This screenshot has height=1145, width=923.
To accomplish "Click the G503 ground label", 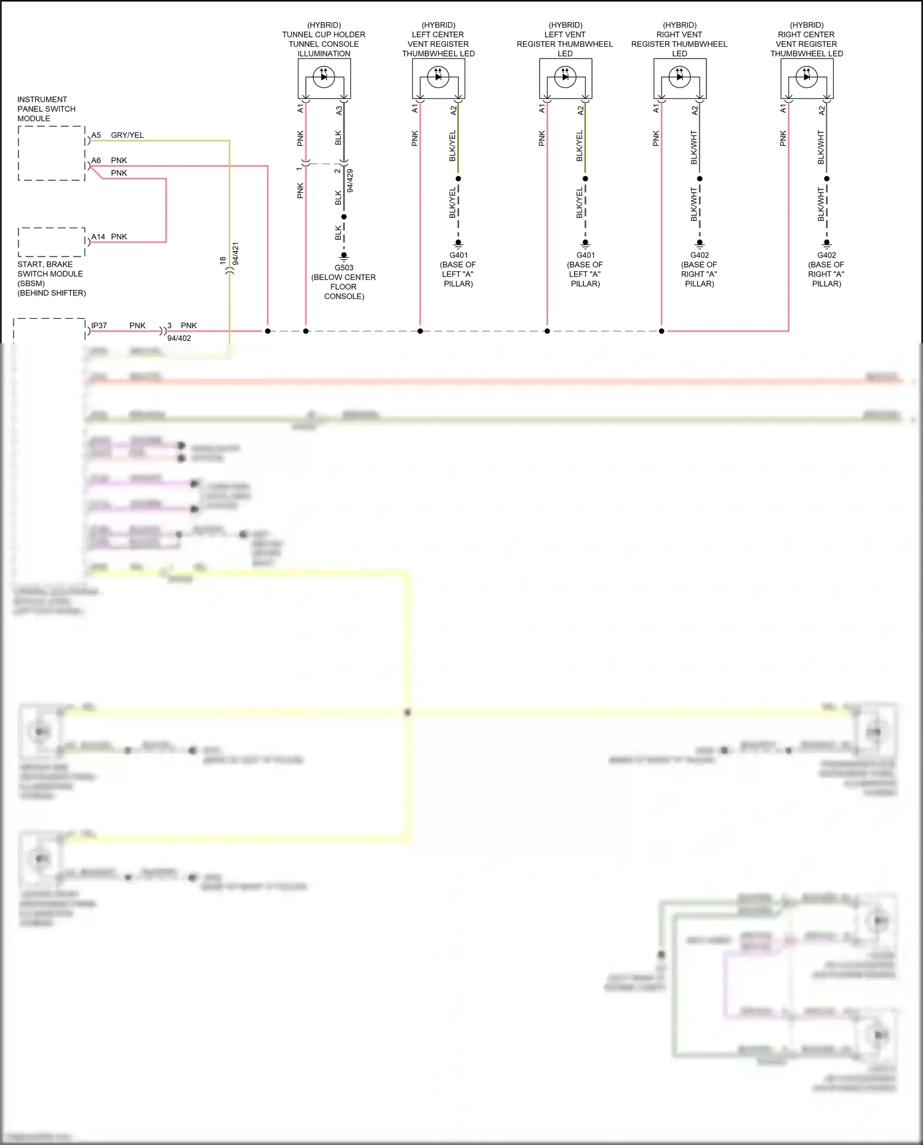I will point(344,268).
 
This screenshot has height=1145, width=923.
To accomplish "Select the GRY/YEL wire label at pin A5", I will point(127,135).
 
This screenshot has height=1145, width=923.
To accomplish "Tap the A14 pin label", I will point(98,237).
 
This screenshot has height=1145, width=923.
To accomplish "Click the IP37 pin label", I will point(99,325).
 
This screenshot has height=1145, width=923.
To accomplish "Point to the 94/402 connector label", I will point(179,338).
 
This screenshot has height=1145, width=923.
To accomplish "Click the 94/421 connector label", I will point(236,253).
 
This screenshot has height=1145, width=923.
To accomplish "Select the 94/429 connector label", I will point(350,181).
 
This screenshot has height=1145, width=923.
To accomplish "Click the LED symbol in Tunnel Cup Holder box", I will point(324,77).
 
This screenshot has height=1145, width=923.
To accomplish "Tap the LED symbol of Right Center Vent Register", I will point(806,77).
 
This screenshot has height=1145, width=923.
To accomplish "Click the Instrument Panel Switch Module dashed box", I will point(52,153).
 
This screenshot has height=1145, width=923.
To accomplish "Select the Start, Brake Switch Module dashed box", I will point(52,242).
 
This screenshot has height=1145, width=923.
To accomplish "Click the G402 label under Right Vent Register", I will point(700,255).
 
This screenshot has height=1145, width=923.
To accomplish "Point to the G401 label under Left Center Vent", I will point(458,255).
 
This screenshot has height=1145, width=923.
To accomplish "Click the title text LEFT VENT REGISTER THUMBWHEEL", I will point(564,39).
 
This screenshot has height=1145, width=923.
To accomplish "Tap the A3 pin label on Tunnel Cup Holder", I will point(339,110).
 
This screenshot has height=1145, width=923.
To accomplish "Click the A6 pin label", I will point(96,161).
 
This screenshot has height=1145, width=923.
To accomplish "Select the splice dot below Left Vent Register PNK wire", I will point(547,331).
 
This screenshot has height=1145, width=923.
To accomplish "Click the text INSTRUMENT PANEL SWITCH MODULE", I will point(46,109).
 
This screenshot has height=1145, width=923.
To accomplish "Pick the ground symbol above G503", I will point(344,255).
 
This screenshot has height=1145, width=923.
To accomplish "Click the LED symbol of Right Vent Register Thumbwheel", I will point(679,77).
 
